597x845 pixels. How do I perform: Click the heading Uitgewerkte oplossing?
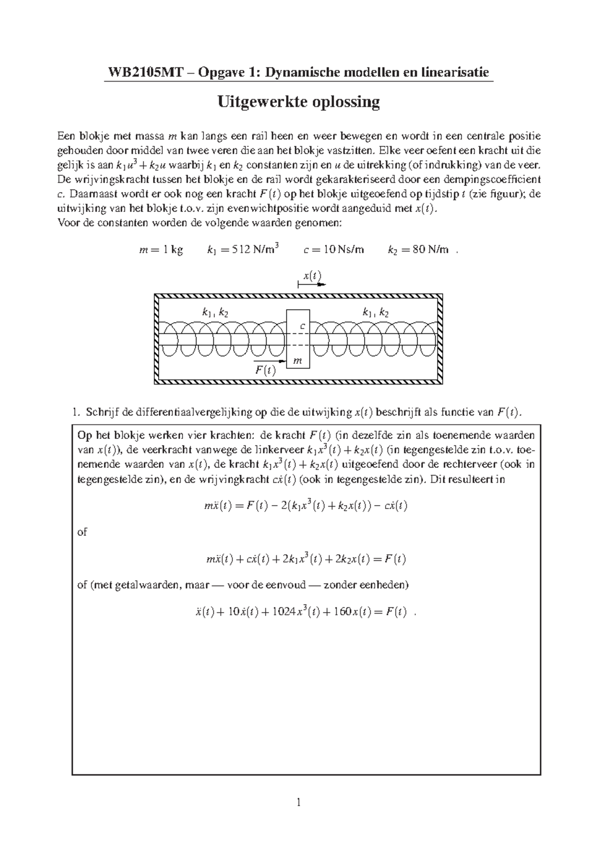[x=298, y=102]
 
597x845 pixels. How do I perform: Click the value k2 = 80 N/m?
[x=417, y=250]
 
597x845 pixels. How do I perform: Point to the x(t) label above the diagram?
[x=312, y=276]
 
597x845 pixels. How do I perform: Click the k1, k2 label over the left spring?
[x=215, y=313]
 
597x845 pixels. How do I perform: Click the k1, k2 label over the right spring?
[x=376, y=313]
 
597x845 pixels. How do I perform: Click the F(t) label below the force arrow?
[x=265, y=371]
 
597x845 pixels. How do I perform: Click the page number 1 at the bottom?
[x=298, y=802]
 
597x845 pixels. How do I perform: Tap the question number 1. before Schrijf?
[x=75, y=412]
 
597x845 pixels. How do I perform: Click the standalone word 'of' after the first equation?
[x=82, y=532]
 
